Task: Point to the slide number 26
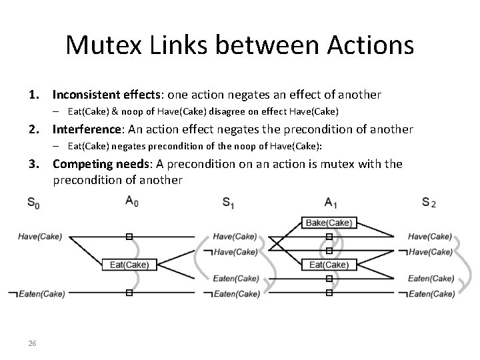[x=32, y=343]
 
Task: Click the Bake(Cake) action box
[x=328, y=223]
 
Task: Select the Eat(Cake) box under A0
[x=129, y=265]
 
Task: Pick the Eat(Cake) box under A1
[x=328, y=265]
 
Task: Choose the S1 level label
[x=229, y=203]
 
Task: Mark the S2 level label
[x=429, y=203]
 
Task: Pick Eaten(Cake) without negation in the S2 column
[x=431, y=279]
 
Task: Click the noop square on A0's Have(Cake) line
[x=129, y=236]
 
